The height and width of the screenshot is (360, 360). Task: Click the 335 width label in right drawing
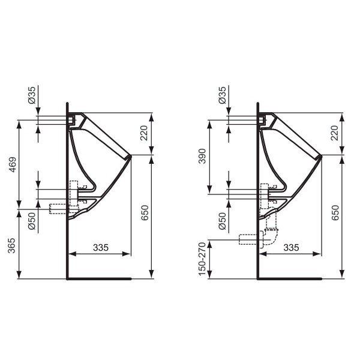pyautogui.click(x=291, y=247)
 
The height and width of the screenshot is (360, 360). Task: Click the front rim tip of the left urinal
pyautogui.click(x=130, y=157)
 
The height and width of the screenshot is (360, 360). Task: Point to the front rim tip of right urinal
pyautogui.click(x=321, y=157)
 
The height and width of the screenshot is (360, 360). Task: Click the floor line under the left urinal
pyautogui.click(x=99, y=279)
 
